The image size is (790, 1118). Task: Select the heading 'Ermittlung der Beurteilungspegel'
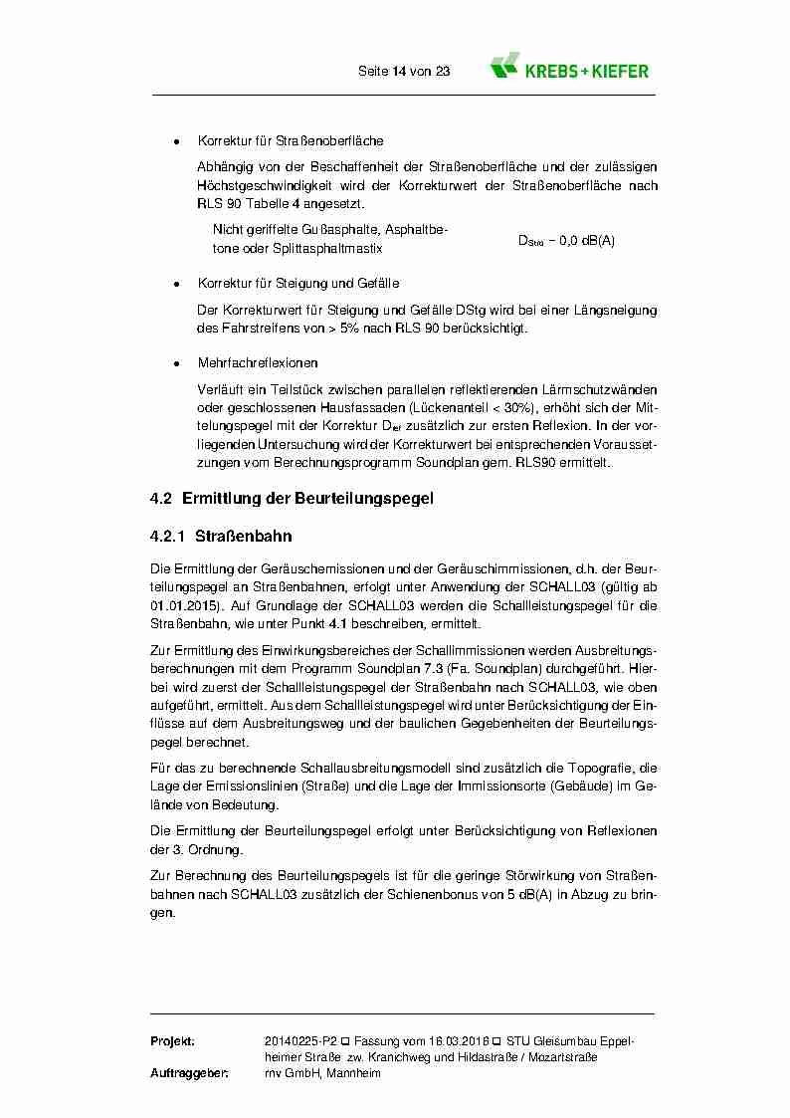307,498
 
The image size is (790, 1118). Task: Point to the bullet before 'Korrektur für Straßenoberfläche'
176,141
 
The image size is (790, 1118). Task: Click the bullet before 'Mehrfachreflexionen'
176,363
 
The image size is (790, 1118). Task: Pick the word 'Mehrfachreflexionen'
258,363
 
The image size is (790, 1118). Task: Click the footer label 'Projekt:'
172,1040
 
